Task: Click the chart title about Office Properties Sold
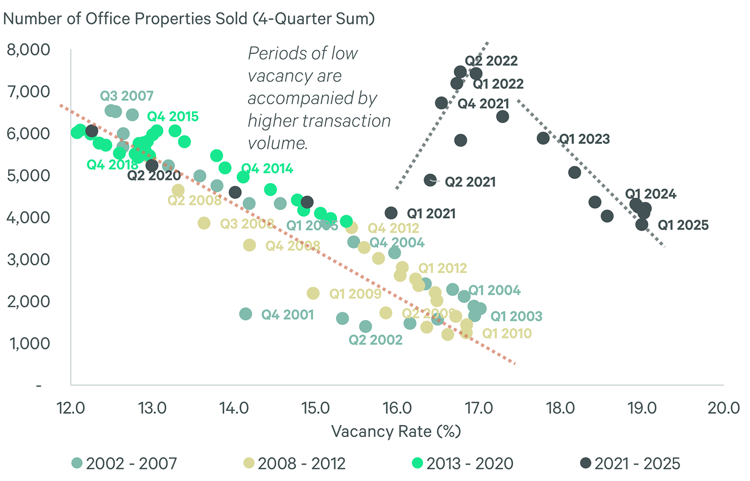coord(189,19)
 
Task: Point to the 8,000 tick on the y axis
coord(29,50)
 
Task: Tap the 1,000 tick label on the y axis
coord(30,343)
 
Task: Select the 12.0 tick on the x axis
coord(71,408)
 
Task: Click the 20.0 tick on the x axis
coord(723,408)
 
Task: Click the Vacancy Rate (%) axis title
coord(396,431)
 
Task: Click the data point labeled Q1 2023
coord(543,138)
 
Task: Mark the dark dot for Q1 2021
coord(391,213)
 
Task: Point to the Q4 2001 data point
coord(246,314)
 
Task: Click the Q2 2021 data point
coord(430,180)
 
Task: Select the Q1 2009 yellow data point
coord(313,293)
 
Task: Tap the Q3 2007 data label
coord(126,96)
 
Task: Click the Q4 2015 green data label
coord(173,117)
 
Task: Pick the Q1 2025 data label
coord(683,225)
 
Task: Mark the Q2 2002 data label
coord(376,340)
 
